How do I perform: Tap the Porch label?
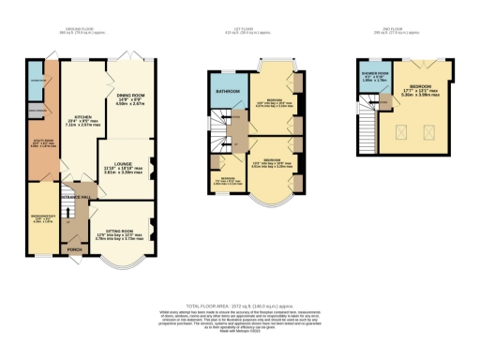(72, 250)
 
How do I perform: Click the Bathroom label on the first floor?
(226, 91)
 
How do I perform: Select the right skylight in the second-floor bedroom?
(431, 130)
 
